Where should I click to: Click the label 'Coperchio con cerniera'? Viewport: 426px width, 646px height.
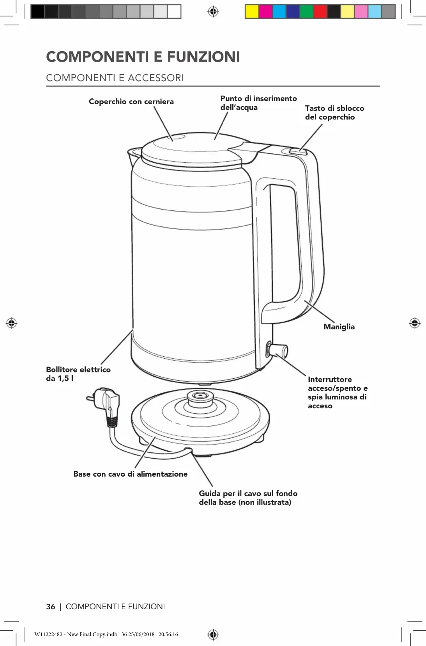[131, 101]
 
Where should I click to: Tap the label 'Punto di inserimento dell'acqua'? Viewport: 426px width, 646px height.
[258, 103]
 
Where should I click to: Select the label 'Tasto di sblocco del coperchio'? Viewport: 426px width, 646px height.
[334, 112]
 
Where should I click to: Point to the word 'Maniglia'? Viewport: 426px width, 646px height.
[339, 327]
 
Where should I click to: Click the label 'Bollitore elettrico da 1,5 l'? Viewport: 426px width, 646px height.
[78, 374]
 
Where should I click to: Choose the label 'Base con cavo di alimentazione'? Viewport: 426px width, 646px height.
[130, 474]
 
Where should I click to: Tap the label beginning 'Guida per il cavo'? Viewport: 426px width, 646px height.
[248, 498]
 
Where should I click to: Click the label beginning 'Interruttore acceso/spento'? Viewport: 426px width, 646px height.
[338, 392]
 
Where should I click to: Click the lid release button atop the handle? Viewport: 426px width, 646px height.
[298, 151]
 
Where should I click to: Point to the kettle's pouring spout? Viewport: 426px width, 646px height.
[134, 153]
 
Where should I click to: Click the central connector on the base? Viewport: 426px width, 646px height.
[201, 397]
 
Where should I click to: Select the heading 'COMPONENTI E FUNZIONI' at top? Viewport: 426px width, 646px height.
[143, 57]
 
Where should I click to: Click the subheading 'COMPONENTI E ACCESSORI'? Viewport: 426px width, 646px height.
[115, 78]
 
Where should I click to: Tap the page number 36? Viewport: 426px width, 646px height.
[51, 607]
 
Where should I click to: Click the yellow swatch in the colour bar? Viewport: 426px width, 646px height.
[252, 12]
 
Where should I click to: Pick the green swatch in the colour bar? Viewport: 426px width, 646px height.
[306, 12]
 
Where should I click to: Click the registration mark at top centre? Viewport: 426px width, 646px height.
[213, 12]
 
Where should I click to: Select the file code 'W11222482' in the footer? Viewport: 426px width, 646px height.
[48, 634]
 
